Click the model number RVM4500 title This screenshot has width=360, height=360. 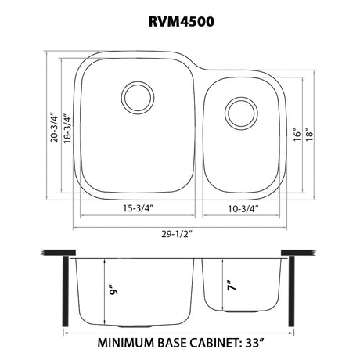[x=182, y=21]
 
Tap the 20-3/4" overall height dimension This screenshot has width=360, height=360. [x=55, y=128]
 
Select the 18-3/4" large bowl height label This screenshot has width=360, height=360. [x=67, y=128]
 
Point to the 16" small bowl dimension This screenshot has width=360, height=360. [x=297, y=135]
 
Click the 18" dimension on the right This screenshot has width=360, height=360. [x=309, y=135]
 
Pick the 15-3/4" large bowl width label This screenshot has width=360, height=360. [x=138, y=208]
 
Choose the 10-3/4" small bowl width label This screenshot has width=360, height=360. [x=243, y=209]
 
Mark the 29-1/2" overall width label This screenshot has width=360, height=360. [x=177, y=234]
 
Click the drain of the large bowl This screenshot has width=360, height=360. [x=138, y=98]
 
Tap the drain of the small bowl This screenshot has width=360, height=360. [x=241, y=113]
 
